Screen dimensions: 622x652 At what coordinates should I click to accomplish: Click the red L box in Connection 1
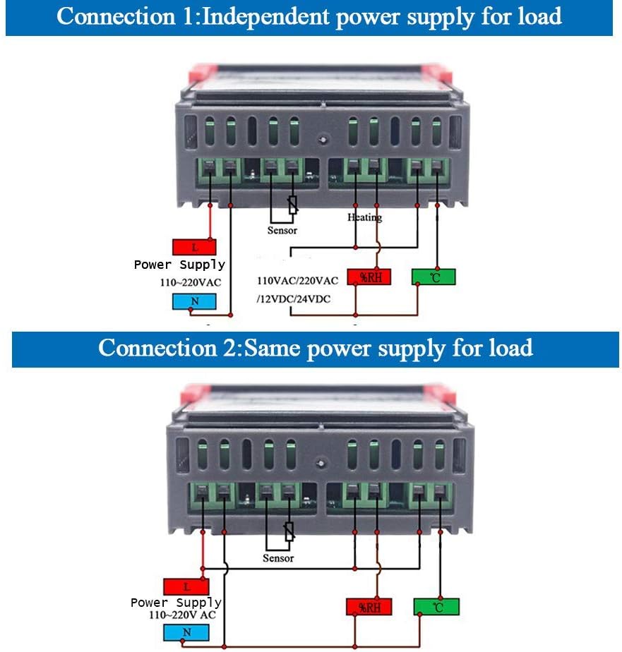click(x=194, y=247)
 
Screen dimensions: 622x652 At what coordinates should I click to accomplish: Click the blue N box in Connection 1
click(x=194, y=301)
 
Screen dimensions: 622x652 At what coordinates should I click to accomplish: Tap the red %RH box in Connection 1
click(x=369, y=277)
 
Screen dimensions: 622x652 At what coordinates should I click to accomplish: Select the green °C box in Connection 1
click(x=433, y=277)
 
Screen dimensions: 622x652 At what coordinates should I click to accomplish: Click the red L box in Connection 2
click(x=186, y=586)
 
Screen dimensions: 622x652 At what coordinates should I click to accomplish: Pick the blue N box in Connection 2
click(x=186, y=632)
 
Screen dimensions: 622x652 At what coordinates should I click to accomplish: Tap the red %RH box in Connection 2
click(x=369, y=607)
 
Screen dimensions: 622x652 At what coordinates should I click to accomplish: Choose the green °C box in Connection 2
click(x=436, y=607)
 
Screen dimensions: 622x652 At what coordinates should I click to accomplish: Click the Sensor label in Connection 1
click(x=282, y=230)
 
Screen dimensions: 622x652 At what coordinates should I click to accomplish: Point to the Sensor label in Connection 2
click(x=278, y=558)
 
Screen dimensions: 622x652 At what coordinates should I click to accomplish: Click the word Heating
click(x=364, y=217)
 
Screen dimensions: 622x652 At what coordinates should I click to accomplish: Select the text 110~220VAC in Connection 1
click(x=191, y=282)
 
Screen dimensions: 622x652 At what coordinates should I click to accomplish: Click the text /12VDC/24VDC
click(x=294, y=299)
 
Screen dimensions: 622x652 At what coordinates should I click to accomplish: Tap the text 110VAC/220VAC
click(x=297, y=281)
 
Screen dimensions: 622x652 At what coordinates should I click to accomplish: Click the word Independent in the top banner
click(x=265, y=17)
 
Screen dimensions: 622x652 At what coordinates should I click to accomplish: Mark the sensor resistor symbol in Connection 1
click(x=293, y=205)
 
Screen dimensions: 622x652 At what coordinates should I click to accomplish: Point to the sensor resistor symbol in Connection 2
click(x=289, y=531)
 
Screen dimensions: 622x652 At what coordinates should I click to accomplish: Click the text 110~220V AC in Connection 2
click(x=182, y=615)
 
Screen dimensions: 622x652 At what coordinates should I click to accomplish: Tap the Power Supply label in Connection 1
click(x=179, y=265)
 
